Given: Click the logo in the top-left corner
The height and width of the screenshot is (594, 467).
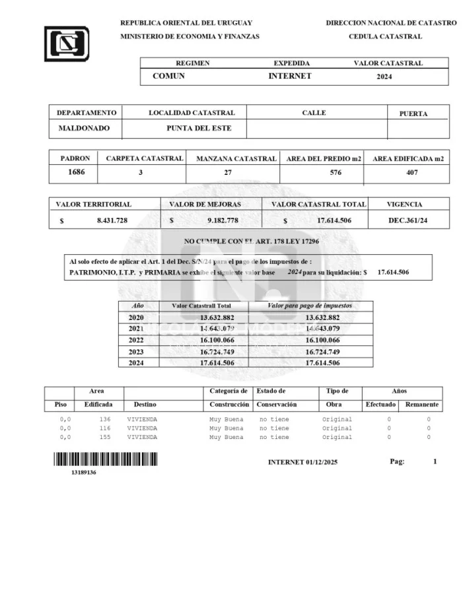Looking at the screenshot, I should (66, 43).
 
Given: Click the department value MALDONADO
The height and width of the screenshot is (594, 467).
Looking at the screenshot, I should (84, 128).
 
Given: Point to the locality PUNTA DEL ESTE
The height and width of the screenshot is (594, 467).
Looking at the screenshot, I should (199, 128).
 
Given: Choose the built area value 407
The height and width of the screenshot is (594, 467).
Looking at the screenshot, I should (411, 174).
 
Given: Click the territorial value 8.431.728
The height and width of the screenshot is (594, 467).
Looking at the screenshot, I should (112, 220).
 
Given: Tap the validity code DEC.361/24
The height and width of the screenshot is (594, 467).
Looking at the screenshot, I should (408, 220).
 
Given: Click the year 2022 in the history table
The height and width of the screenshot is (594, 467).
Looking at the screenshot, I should (136, 340).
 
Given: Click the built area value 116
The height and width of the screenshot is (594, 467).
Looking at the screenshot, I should (105, 428).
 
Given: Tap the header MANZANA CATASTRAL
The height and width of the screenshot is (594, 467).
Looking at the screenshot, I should (236, 159).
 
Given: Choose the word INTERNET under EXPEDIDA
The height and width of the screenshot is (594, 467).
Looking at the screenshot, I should (289, 76).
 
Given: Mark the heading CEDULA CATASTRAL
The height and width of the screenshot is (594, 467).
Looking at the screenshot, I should (385, 36).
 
